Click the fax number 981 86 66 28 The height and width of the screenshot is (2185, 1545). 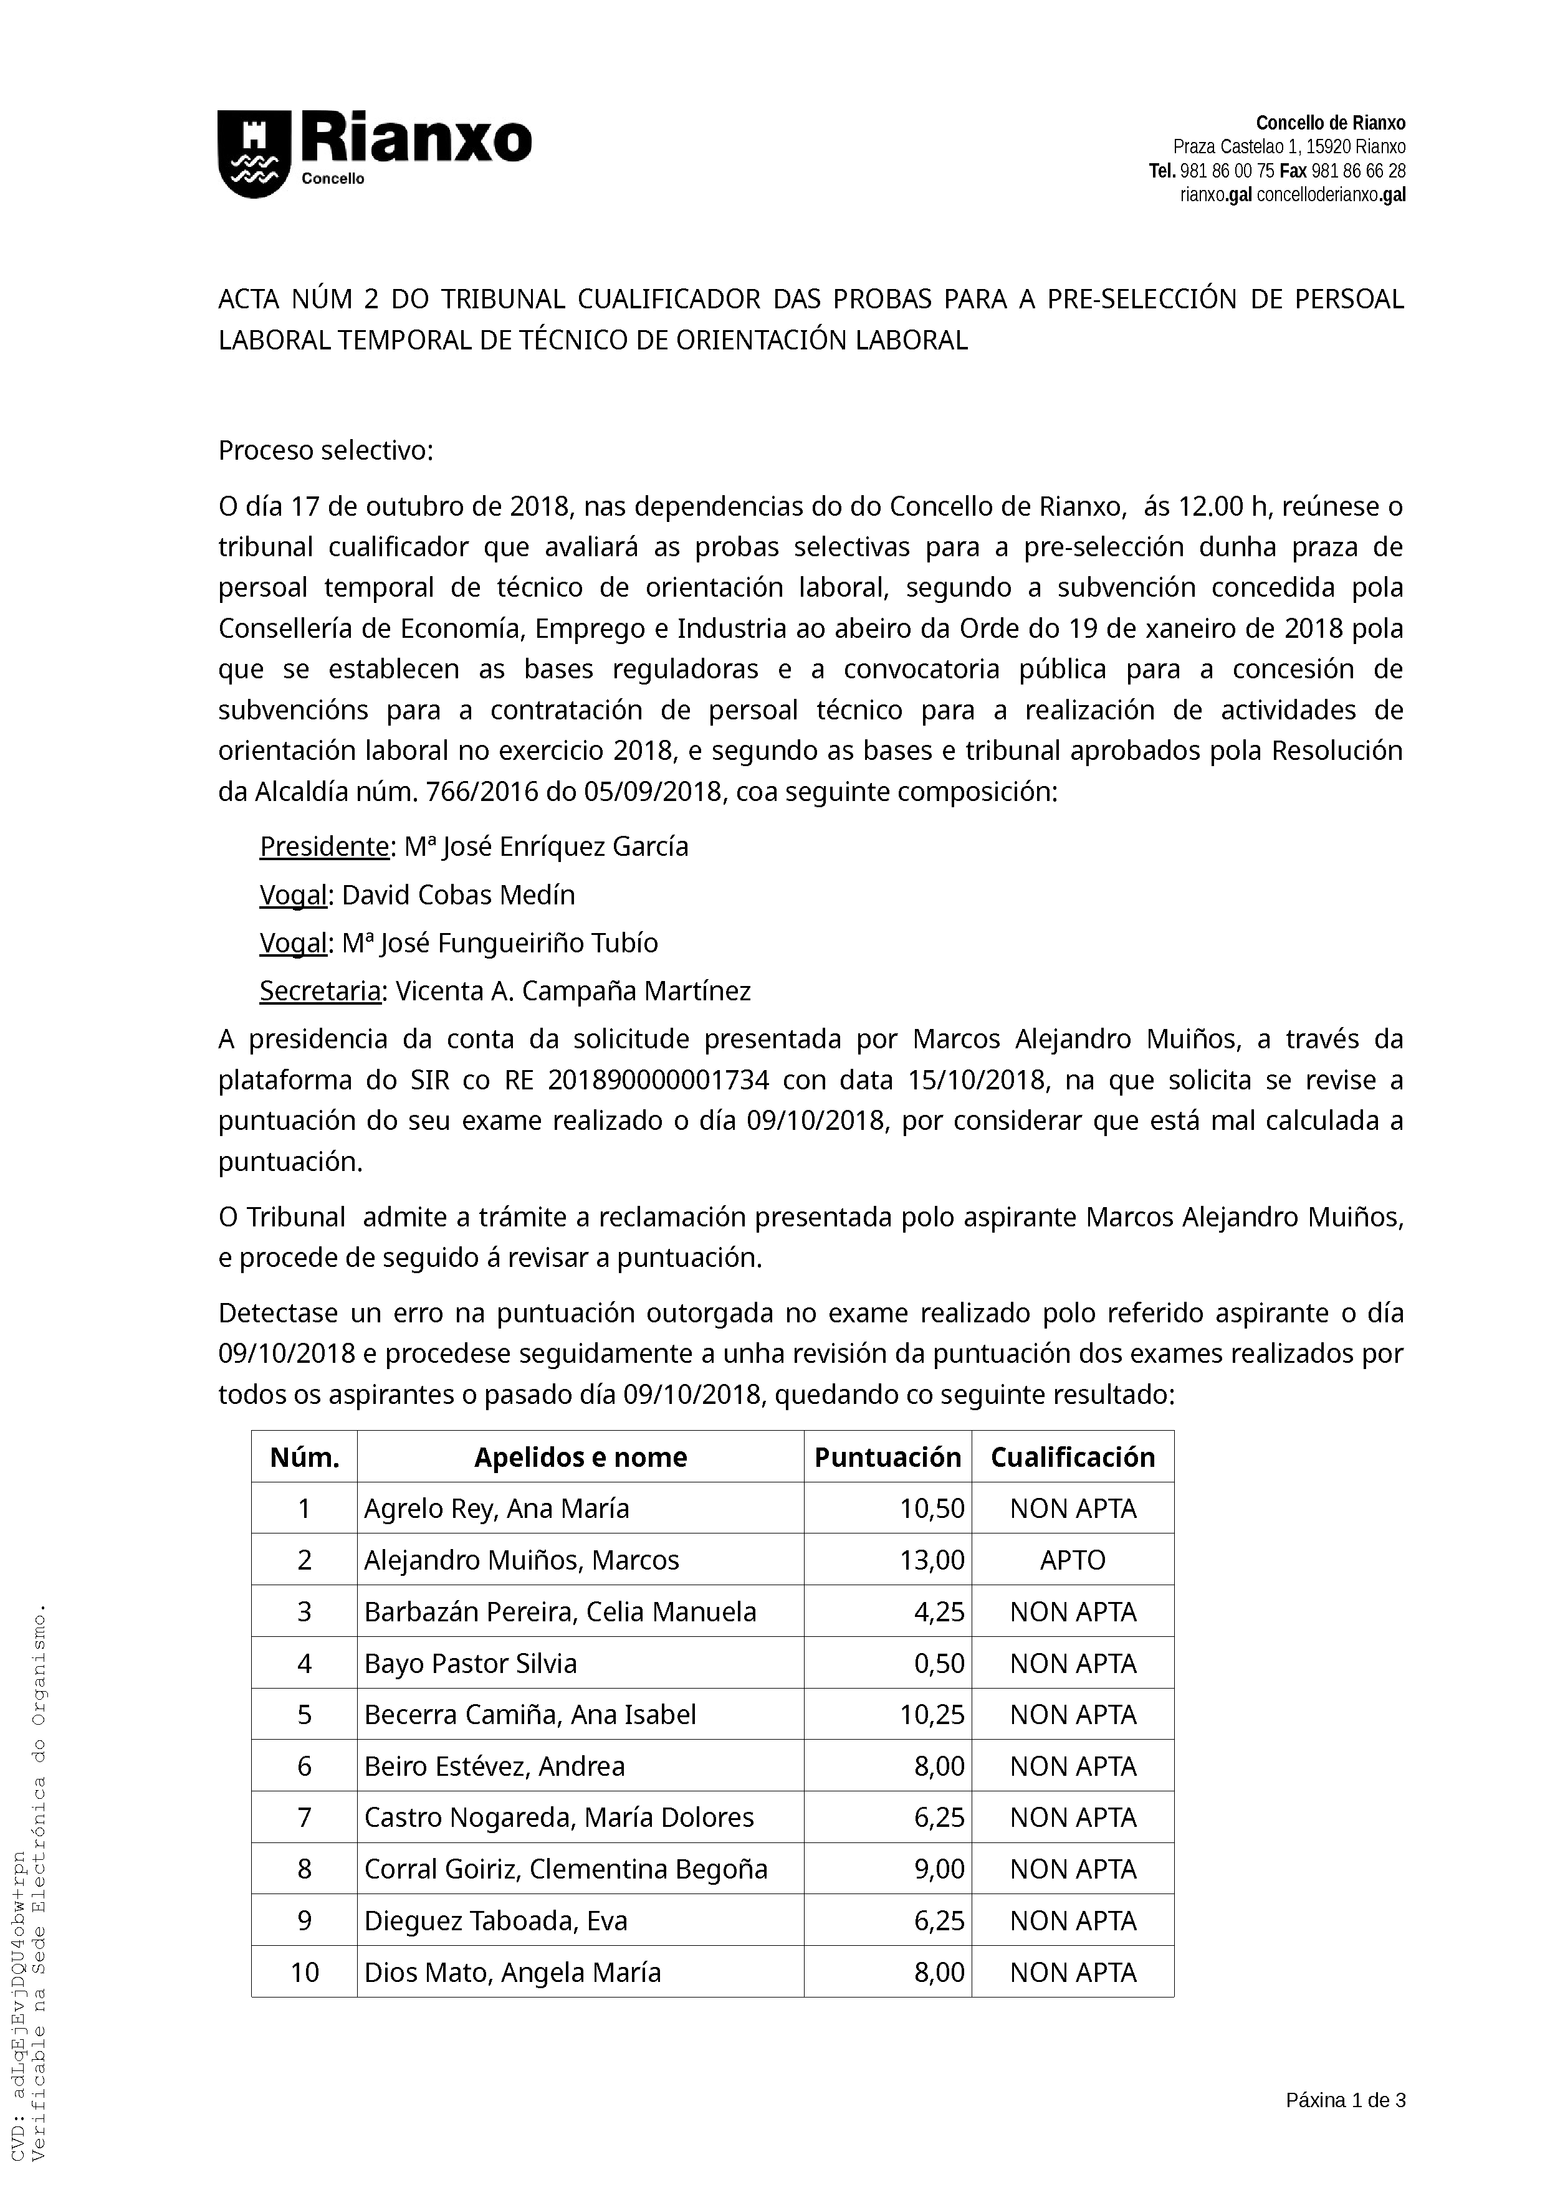click(x=1359, y=171)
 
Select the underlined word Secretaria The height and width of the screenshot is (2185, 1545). click(x=320, y=991)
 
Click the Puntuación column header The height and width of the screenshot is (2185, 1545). click(x=887, y=1457)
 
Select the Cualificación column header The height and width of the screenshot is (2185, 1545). click(x=1073, y=1457)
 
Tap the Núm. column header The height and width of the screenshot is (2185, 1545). click(x=305, y=1457)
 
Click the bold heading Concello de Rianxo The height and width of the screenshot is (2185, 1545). click(x=1330, y=123)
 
